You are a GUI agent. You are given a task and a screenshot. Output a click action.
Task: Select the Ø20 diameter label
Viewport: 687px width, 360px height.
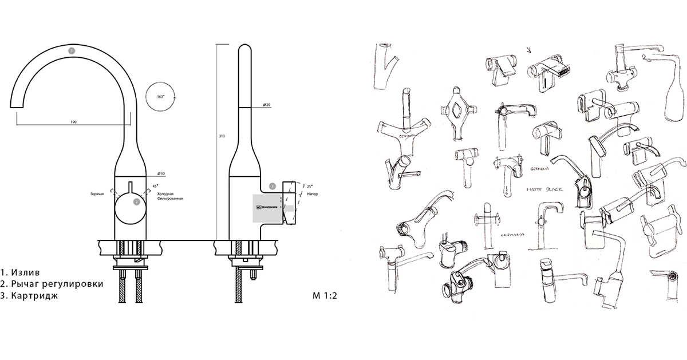click(267, 105)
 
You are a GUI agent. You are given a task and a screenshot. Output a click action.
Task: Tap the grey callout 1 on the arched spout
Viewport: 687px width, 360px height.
click(71, 50)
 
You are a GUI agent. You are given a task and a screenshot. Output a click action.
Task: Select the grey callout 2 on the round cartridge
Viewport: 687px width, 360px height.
click(136, 201)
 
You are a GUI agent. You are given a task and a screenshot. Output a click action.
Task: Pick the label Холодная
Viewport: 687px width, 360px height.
click(166, 193)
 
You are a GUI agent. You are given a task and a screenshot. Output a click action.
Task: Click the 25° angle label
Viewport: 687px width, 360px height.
click(309, 187)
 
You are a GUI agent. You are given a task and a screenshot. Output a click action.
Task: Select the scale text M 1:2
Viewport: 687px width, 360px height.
click(325, 295)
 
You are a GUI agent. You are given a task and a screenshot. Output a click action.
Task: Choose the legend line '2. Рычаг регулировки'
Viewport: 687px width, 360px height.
click(52, 284)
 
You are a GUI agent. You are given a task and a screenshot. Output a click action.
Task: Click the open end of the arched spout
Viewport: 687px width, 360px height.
click(17, 104)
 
